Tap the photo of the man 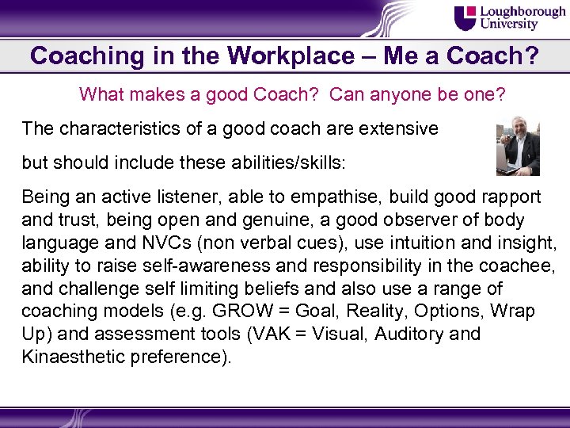[x=517, y=147]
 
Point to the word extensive [x=396, y=128]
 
